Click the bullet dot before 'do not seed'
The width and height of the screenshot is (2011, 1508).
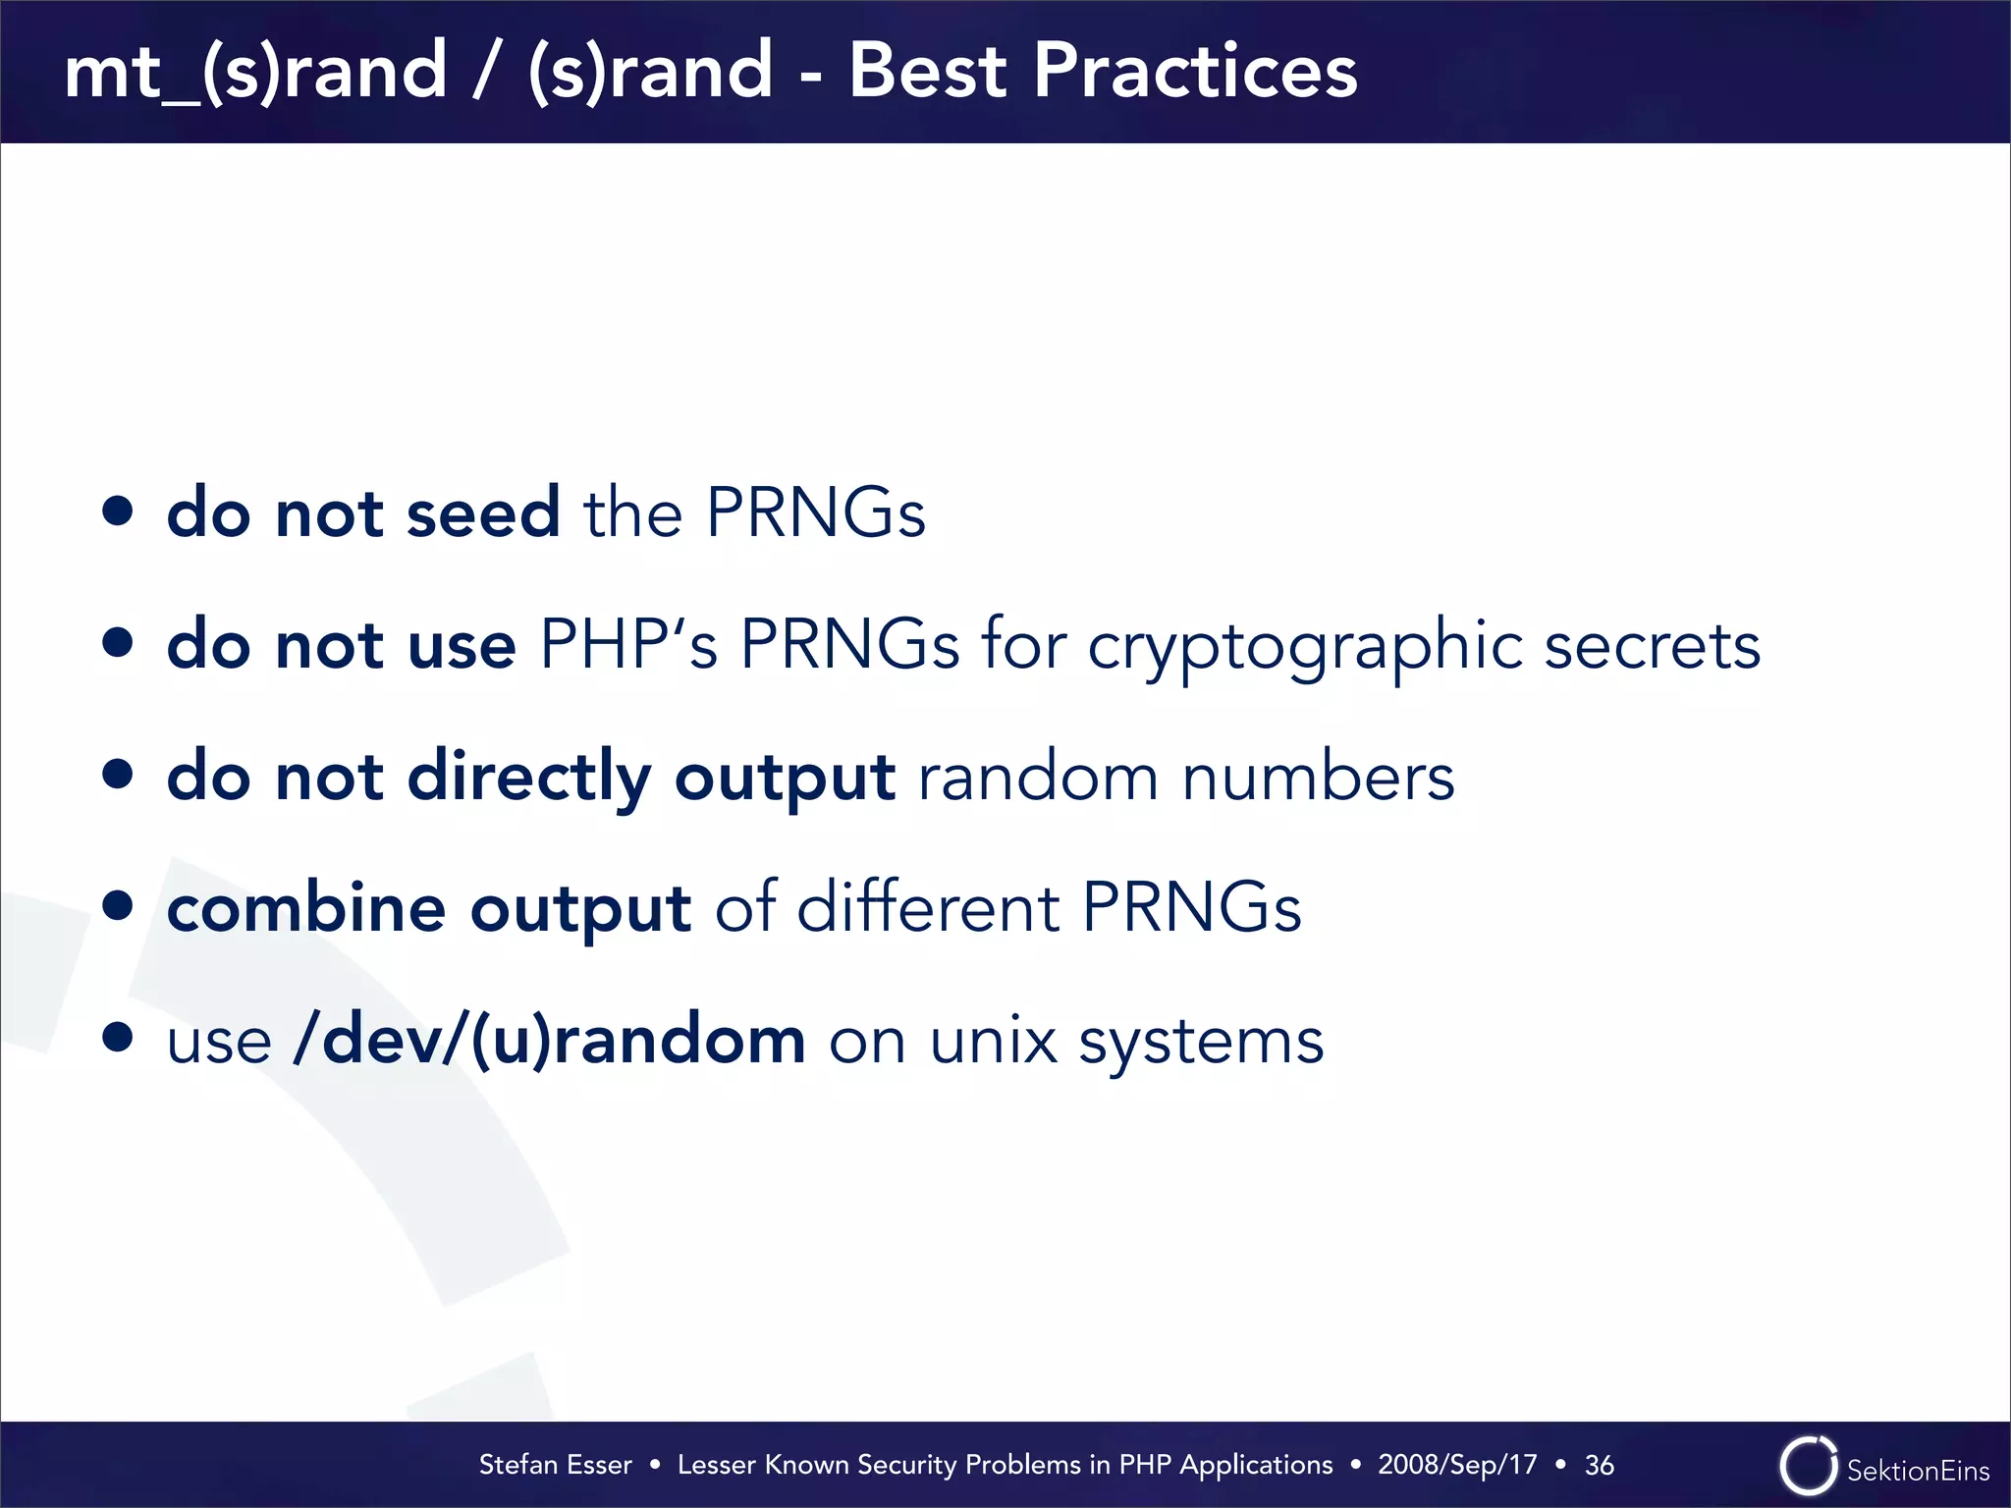[x=118, y=511]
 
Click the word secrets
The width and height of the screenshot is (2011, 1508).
[x=1652, y=646]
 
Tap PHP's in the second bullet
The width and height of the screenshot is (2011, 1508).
[x=628, y=645]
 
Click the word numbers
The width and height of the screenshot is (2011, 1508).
[x=1318, y=778]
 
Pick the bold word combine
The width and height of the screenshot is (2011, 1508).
[x=306, y=907]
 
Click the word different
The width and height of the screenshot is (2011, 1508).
[x=928, y=907]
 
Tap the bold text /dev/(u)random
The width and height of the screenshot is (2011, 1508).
[x=550, y=1041]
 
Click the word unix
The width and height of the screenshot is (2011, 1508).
[x=993, y=1041]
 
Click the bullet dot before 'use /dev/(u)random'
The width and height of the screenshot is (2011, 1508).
[x=118, y=1037]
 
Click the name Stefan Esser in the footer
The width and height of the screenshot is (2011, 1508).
[x=555, y=1465]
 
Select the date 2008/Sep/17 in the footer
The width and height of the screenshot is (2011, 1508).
[x=1457, y=1465]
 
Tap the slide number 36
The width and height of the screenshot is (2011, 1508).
[x=1599, y=1465]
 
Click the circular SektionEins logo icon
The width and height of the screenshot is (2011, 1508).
[x=1808, y=1466]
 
